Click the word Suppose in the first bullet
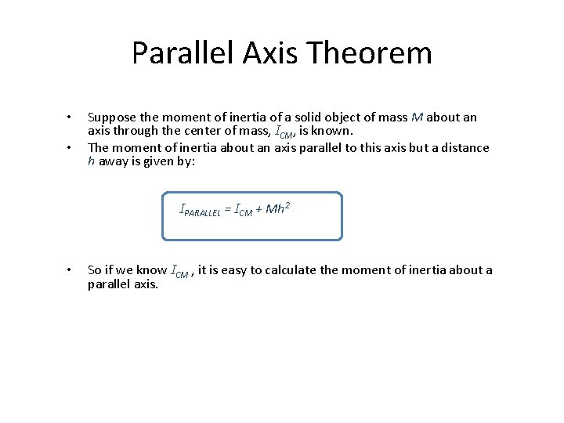point(110,117)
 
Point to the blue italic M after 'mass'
point(417,117)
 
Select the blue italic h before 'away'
point(91,161)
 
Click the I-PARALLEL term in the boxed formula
point(201,210)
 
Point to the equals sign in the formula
point(229,209)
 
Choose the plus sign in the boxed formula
point(259,209)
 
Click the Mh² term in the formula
point(279,208)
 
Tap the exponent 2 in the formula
point(288,205)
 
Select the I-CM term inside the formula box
point(244,210)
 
